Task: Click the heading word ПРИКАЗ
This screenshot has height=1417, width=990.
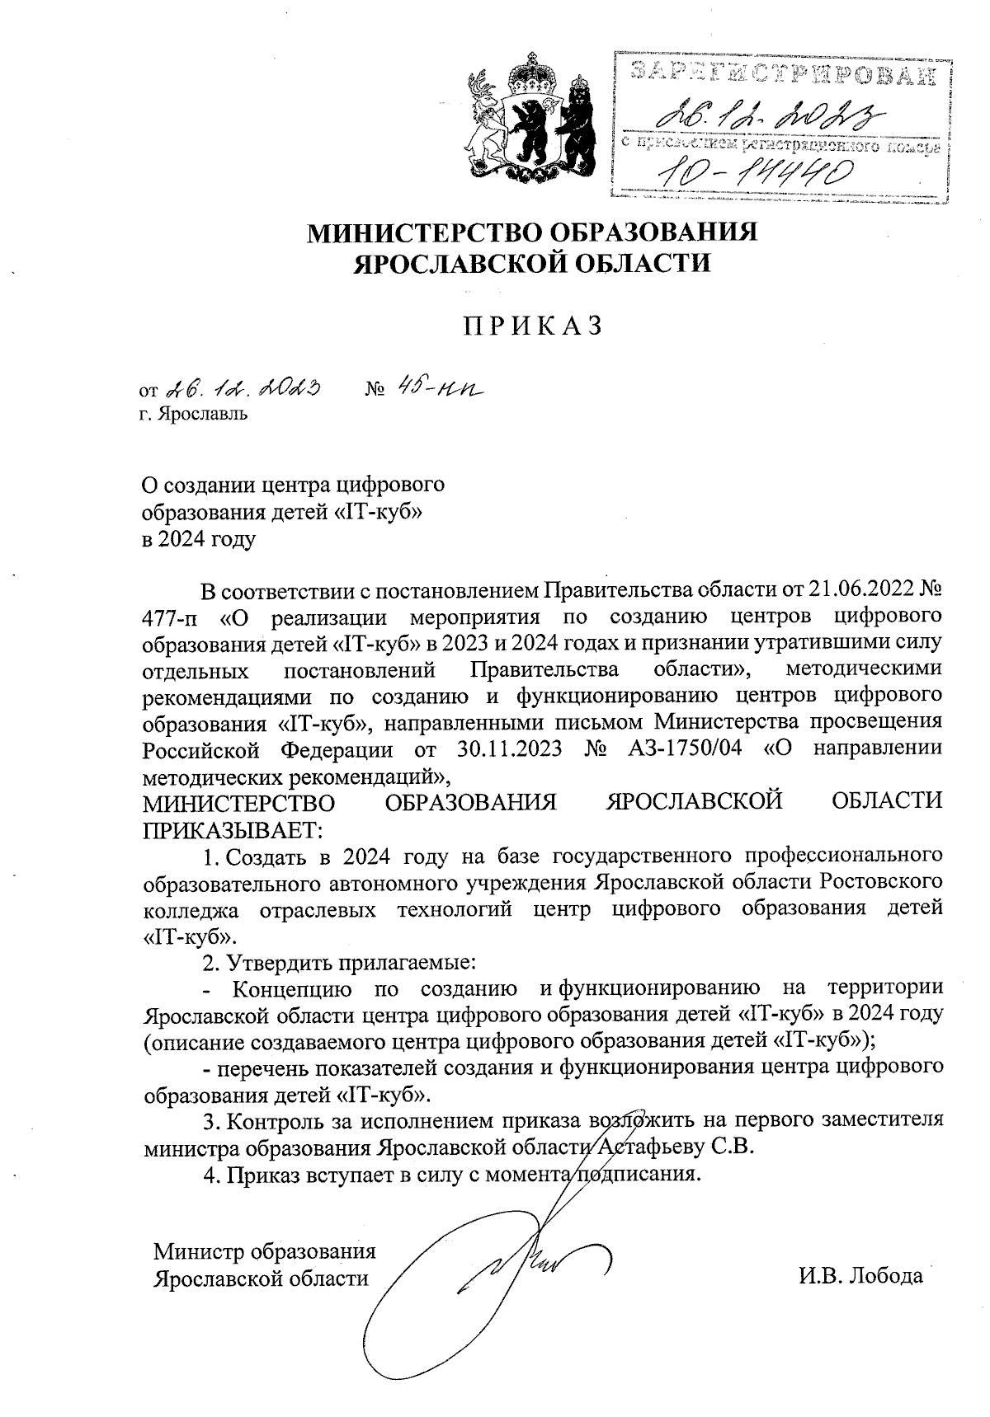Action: point(532,326)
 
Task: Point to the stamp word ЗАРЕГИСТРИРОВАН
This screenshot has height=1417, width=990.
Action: point(784,73)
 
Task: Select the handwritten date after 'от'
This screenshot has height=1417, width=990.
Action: point(243,387)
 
